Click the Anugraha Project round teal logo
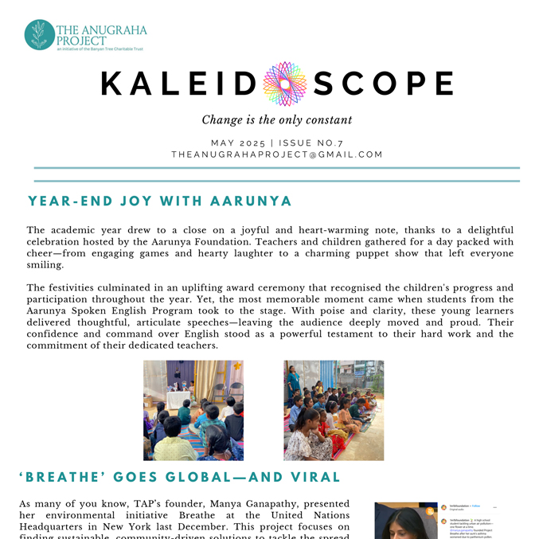pyautogui.click(x=40, y=35)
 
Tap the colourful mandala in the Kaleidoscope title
pyautogui.click(x=284, y=84)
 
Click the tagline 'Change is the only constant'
pyautogui.click(x=276, y=120)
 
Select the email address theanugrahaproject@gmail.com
pyautogui.click(x=276, y=154)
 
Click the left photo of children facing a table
pyautogui.click(x=193, y=410)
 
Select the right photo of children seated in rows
pyautogui.click(x=334, y=410)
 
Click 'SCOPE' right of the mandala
pyautogui.click(x=383, y=84)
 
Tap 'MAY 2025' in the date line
pyautogui.click(x=237, y=143)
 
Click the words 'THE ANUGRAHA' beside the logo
pyautogui.click(x=102, y=29)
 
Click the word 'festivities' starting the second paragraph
pyautogui.click(x=78, y=287)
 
